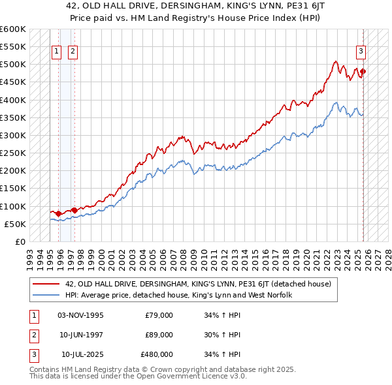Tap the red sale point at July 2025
pyautogui.click(x=363, y=72)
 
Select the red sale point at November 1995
pyautogui.click(x=59, y=213)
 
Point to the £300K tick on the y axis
pyautogui.click(x=13, y=135)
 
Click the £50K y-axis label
pyautogui.click(x=16, y=224)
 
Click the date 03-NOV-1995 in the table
pyautogui.click(x=80, y=315)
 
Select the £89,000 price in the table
pyautogui.click(x=159, y=335)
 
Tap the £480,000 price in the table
pyautogui.click(x=157, y=354)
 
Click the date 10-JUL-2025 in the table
pyautogui.click(x=82, y=354)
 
